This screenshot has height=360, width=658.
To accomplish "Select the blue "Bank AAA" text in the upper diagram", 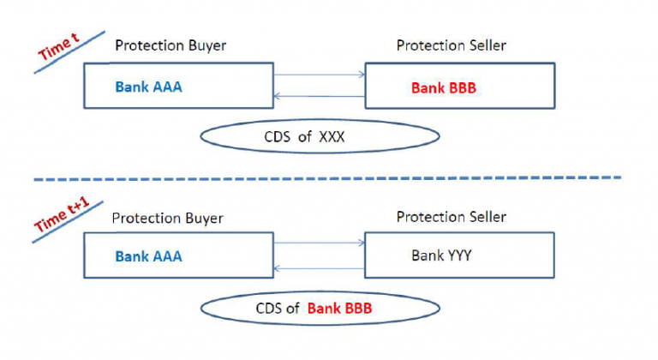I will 148,87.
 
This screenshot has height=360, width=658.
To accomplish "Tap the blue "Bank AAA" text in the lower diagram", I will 148,255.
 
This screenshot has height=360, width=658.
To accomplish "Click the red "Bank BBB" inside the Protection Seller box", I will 445,87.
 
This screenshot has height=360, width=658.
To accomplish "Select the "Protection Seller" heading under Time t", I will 451,45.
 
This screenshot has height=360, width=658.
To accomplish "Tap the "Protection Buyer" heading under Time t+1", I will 168,219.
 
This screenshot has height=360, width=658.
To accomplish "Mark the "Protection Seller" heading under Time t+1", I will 451,218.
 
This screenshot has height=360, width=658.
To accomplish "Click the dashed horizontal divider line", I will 326,178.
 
